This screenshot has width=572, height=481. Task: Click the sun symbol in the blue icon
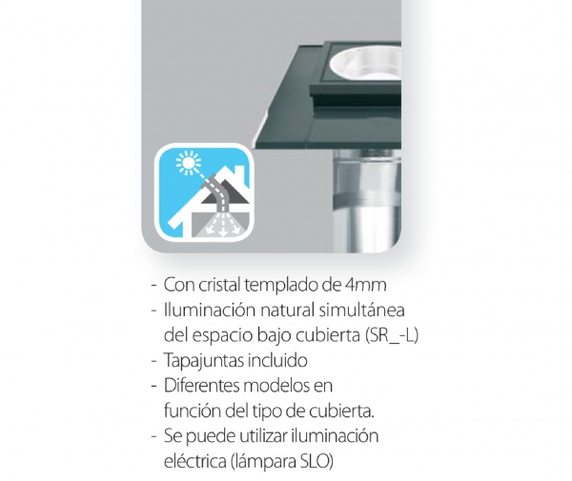(x=189, y=163)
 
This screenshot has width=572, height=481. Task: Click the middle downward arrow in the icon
(x=222, y=227)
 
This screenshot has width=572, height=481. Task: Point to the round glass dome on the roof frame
(x=366, y=63)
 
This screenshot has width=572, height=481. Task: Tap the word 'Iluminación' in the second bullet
(x=210, y=311)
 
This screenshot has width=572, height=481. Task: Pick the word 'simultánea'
(x=362, y=311)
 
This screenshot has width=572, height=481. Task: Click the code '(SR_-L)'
(x=392, y=335)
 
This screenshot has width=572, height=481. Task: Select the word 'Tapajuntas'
(x=204, y=361)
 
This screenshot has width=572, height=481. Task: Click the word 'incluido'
(x=277, y=360)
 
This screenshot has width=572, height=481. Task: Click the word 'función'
(x=193, y=411)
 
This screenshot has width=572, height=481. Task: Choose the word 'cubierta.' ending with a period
(x=342, y=411)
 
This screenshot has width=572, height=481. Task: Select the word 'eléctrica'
(x=195, y=461)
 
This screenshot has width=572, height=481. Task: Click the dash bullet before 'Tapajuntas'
(x=153, y=361)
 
